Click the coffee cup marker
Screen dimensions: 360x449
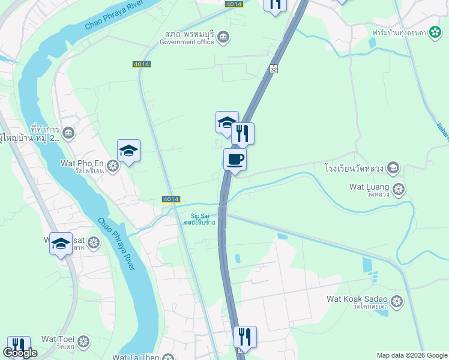[x=235, y=160]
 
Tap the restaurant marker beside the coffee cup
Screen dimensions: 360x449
[x=243, y=134]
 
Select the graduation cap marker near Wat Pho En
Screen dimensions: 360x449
[x=128, y=151]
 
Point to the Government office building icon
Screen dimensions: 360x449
[x=223, y=38]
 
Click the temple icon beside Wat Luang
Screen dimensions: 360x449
[x=399, y=190]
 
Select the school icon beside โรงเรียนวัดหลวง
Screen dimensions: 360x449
[x=393, y=167]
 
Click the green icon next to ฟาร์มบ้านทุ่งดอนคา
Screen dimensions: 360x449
[x=435, y=32]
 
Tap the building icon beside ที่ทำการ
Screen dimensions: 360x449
[x=68, y=132]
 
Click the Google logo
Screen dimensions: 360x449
[x=20, y=353]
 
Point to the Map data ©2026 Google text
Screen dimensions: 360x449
[x=412, y=355]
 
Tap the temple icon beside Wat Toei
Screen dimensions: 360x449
[x=83, y=341]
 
